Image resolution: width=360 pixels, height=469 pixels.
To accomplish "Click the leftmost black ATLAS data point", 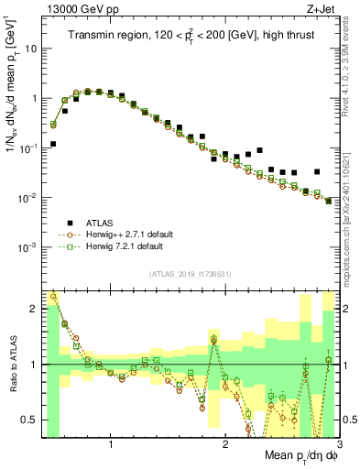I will [x=53, y=144].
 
